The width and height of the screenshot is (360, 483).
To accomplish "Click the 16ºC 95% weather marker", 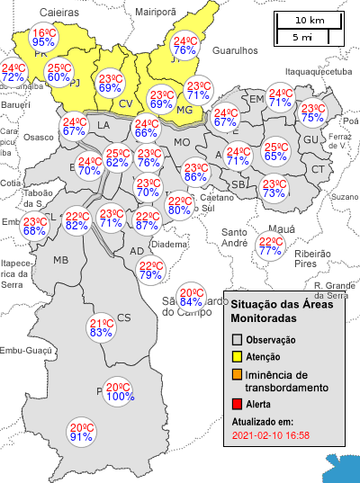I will click(x=43, y=37).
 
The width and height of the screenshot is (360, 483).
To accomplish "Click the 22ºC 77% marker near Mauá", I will click(x=270, y=246).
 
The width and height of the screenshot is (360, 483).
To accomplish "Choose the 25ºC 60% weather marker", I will click(x=58, y=73).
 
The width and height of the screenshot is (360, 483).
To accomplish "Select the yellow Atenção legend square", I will click(x=238, y=358).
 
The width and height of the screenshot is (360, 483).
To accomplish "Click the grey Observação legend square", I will click(x=238, y=340).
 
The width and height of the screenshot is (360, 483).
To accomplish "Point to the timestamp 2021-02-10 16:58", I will click(x=270, y=436).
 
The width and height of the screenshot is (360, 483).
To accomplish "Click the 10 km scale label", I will click(x=310, y=20).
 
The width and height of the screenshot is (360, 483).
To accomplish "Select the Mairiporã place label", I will click(x=155, y=13).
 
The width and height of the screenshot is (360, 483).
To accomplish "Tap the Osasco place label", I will click(x=39, y=137).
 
